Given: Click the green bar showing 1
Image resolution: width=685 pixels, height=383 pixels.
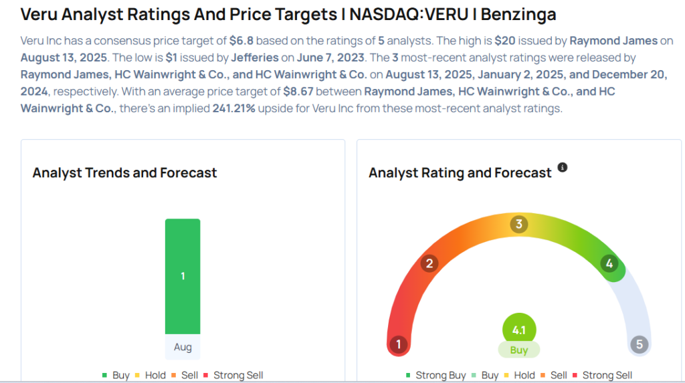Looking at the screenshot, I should click(183, 275).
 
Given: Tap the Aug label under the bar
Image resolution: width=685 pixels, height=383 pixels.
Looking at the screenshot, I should click(183, 348).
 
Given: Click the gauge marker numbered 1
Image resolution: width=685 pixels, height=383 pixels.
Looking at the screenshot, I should click(398, 345).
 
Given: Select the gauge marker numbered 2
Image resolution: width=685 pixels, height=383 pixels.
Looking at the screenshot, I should click(429, 263).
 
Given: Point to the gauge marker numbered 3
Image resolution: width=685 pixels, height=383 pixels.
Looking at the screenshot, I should click(518, 224).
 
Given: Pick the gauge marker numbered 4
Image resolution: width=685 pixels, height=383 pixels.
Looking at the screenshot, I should click(609, 263).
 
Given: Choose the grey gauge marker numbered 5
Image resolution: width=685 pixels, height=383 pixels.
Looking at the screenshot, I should click(640, 345).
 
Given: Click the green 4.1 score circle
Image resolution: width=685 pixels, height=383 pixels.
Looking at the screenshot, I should click(519, 330).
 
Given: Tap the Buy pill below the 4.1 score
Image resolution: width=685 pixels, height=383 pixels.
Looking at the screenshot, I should click(519, 350).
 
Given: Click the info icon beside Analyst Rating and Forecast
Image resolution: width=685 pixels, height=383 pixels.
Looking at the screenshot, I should click(563, 167).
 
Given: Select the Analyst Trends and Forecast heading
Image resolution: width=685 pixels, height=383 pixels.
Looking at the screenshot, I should click(124, 172).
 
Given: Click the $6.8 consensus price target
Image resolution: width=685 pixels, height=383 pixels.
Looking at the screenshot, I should click(240, 40).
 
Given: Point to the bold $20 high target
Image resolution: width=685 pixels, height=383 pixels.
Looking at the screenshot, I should click(505, 40).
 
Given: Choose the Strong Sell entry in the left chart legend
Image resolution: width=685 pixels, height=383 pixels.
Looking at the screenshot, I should click(237, 376).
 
